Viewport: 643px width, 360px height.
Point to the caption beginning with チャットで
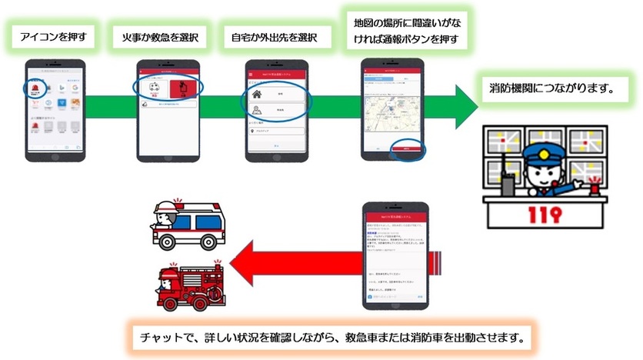330,337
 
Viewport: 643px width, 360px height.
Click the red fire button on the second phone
182,90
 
